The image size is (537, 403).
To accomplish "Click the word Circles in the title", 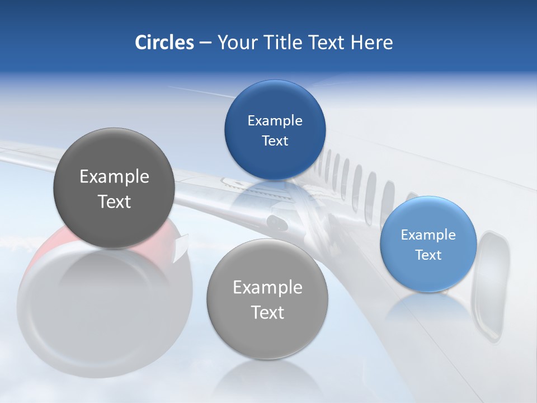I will (x=164, y=43).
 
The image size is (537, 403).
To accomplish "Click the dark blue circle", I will (x=275, y=130).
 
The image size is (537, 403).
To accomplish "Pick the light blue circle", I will (x=428, y=244).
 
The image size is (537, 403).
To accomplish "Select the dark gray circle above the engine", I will (x=114, y=188).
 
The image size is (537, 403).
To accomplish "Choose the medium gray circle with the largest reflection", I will (x=267, y=299).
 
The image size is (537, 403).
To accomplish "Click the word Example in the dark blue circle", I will (x=275, y=120).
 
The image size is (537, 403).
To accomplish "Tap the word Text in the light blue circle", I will (x=428, y=255).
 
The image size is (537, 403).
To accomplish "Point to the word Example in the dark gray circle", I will (x=114, y=176).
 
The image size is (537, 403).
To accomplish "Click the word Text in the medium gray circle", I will (x=267, y=312).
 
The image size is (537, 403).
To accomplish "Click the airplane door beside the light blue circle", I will (x=491, y=285).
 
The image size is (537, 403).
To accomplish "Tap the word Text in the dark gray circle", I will (x=114, y=201).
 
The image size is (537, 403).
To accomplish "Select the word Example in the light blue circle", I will (x=428, y=235).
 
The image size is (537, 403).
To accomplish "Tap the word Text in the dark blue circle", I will (x=275, y=140).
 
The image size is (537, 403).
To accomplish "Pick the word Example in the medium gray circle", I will (x=267, y=287).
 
